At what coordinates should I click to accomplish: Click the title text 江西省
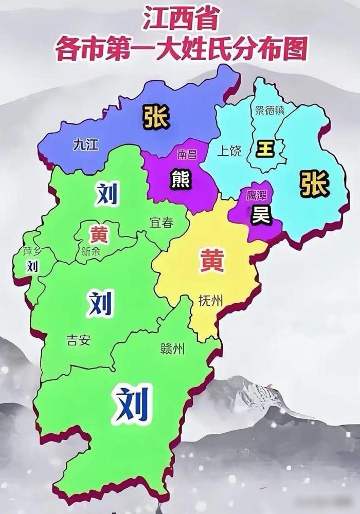click(x=179, y=22)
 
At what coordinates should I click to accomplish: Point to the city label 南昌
click(x=187, y=154)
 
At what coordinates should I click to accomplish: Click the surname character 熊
click(x=181, y=179)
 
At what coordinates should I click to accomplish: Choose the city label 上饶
click(x=229, y=151)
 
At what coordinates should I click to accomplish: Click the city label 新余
click(x=92, y=252)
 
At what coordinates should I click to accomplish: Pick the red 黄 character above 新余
click(x=98, y=234)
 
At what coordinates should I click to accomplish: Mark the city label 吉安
click(x=78, y=340)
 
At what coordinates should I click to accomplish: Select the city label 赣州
click(x=172, y=350)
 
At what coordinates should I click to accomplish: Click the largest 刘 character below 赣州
click(x=133, y=402)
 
